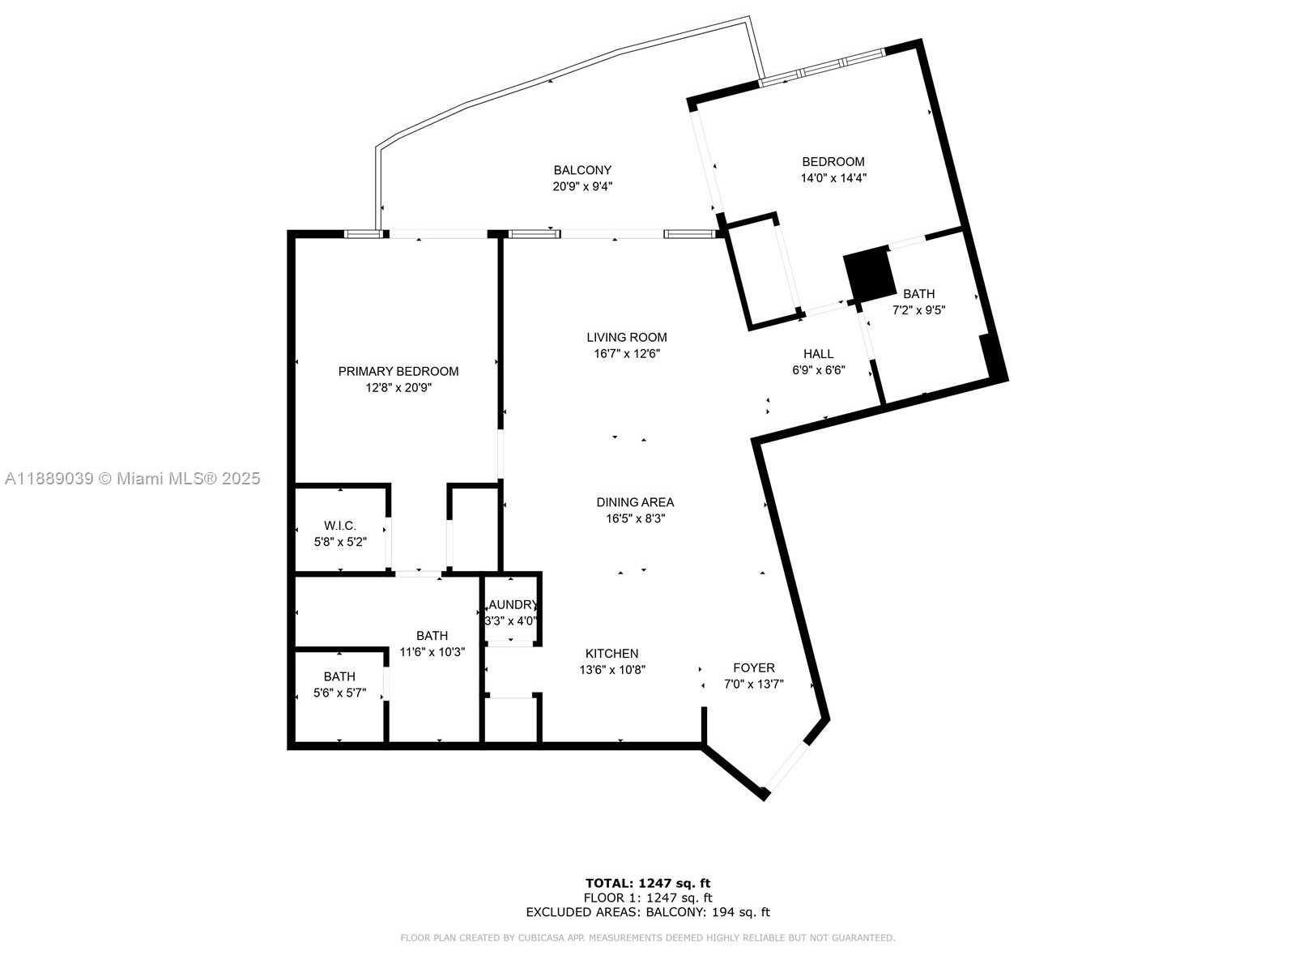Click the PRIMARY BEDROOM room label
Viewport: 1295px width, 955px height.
coord(398,371)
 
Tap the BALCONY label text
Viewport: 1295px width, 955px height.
coord(582,170)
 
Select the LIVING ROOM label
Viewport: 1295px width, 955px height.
coord(627,337)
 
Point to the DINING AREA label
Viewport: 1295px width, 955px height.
coord(635,502)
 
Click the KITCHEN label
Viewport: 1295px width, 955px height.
coord(611,653)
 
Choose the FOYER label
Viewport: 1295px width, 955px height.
coord(754,667)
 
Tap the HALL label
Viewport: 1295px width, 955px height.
coord(818,354)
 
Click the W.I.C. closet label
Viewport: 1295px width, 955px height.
coord(340,526)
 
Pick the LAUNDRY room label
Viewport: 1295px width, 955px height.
coord(513,605)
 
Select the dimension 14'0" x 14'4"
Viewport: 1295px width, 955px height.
coord(833,178)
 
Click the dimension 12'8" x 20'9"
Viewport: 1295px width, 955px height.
coord(398,387)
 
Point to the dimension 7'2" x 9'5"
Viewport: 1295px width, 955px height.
coord(918,310)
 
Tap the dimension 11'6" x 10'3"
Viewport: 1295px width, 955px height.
coord(432,651)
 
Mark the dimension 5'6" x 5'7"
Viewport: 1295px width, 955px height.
coord(339,693)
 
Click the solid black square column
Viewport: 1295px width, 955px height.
coord(868,273)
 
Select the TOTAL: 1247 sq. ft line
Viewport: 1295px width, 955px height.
coord(648,883)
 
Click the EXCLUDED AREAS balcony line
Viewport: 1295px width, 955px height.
coord(648,912)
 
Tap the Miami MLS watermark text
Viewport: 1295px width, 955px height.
coord(132,478)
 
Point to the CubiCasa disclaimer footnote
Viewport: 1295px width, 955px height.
coord(648,938)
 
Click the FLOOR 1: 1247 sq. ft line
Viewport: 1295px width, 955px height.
coord(648,897)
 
